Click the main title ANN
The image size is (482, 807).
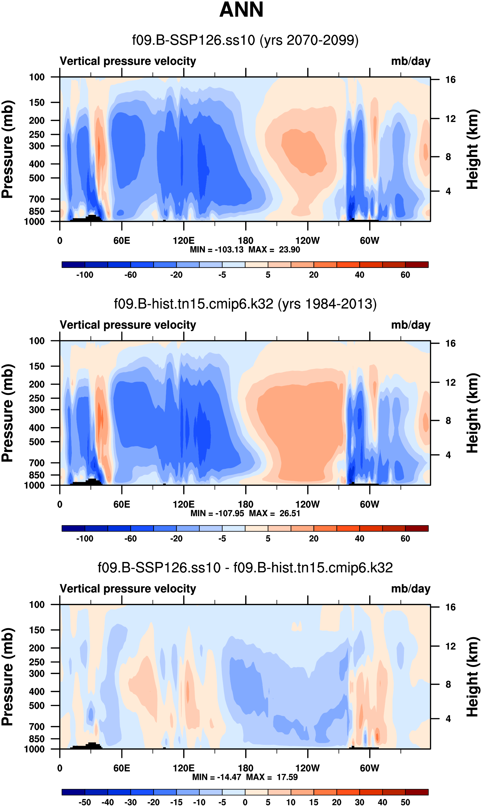point(241,10)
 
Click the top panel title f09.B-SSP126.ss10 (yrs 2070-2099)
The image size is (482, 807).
point(245,40)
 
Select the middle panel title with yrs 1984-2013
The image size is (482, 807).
point(245,304)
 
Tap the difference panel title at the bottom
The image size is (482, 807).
point(245,568)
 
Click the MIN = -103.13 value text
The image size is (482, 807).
point(217,250)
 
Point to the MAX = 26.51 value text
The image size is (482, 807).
point(275,513)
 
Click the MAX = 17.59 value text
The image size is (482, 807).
point(272,777)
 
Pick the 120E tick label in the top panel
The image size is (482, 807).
point(184,241)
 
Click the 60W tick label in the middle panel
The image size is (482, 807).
point(369,504)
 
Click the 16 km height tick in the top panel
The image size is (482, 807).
point(450,80)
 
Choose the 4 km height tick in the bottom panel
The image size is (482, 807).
point(448,719)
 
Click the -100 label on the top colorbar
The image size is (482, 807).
point(85,275)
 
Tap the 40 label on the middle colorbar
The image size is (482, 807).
point(359,539)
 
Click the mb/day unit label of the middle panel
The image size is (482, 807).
point(410,325)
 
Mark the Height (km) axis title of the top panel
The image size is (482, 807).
point(473,150)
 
